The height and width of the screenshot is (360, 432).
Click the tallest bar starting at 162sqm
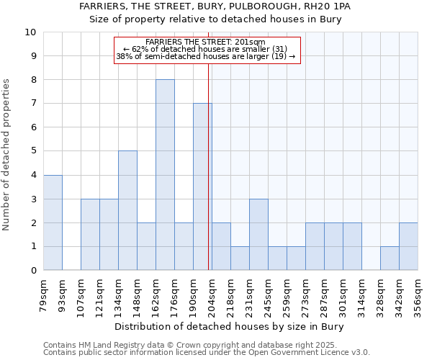tap(165, 175)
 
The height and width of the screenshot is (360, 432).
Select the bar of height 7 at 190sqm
tap(202, 186)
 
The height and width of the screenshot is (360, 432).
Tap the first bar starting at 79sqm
tap(53, 222)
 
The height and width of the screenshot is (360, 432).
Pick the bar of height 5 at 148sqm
tap(127, 210)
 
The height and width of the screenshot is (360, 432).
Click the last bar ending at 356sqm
tap(408, 246)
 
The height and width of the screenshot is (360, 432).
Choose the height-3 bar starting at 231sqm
tap(258, 234)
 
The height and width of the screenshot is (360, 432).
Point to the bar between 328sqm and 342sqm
tap(390, 258)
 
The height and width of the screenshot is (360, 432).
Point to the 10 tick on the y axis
tap(30, 32)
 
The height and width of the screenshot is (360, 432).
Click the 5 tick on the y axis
tap(33, 151)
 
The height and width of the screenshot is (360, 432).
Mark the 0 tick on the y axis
tap(33, 270)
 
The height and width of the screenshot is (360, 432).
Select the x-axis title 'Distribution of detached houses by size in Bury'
tap(230, 327)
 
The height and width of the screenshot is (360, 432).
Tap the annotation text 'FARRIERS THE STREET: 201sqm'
tap(206, 42)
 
